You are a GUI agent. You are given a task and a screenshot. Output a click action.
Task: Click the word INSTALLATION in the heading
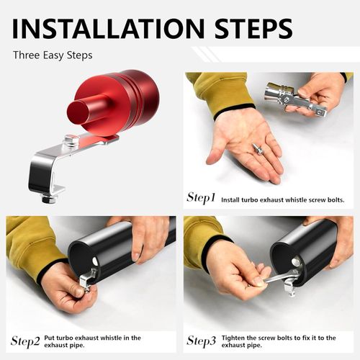tap(108, 28)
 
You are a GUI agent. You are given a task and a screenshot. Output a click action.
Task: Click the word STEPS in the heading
tap(253, 28)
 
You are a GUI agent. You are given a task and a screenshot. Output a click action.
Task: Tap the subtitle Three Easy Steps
tap(53, 55)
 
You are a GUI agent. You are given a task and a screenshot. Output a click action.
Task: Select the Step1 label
tap(201, 198)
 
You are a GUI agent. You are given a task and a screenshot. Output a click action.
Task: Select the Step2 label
tap(25, 341)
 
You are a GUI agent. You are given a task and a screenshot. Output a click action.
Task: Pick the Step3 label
tap(202, 341)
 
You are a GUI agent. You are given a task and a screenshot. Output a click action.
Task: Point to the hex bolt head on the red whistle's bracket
tap(71, 142)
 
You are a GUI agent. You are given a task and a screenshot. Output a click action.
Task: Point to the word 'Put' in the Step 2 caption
tap(50, 338)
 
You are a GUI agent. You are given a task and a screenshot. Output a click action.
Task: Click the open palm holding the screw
tap(245, 145)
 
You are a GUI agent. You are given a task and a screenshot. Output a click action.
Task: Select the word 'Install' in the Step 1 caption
tap(230, 199)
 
